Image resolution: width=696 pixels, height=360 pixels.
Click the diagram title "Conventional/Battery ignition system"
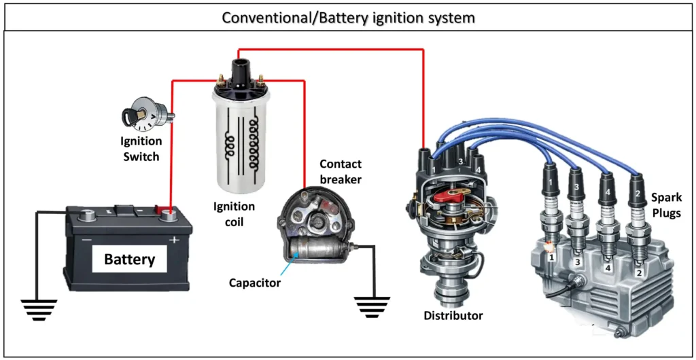click(x=348, y=18)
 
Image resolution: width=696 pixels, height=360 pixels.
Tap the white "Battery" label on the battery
click(x=129, y=259)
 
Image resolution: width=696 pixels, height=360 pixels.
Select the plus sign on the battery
click(x=174, y=240)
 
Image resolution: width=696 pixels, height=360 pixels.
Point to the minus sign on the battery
click(x=87, y=240)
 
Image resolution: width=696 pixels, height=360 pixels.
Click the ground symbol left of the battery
click(x=39, y=308)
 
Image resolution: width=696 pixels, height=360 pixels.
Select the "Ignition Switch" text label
click(x=141, y=149)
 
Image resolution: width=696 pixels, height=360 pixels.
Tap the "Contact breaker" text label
click(x=341, y=171)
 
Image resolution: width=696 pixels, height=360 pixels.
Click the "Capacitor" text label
click(x=254, y=283)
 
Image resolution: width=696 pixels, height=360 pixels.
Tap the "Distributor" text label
click(x=453, y=315)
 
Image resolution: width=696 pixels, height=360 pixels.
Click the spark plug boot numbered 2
click(x=638, y=188)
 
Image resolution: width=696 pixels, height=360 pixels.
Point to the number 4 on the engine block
click(x=608, y=268)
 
